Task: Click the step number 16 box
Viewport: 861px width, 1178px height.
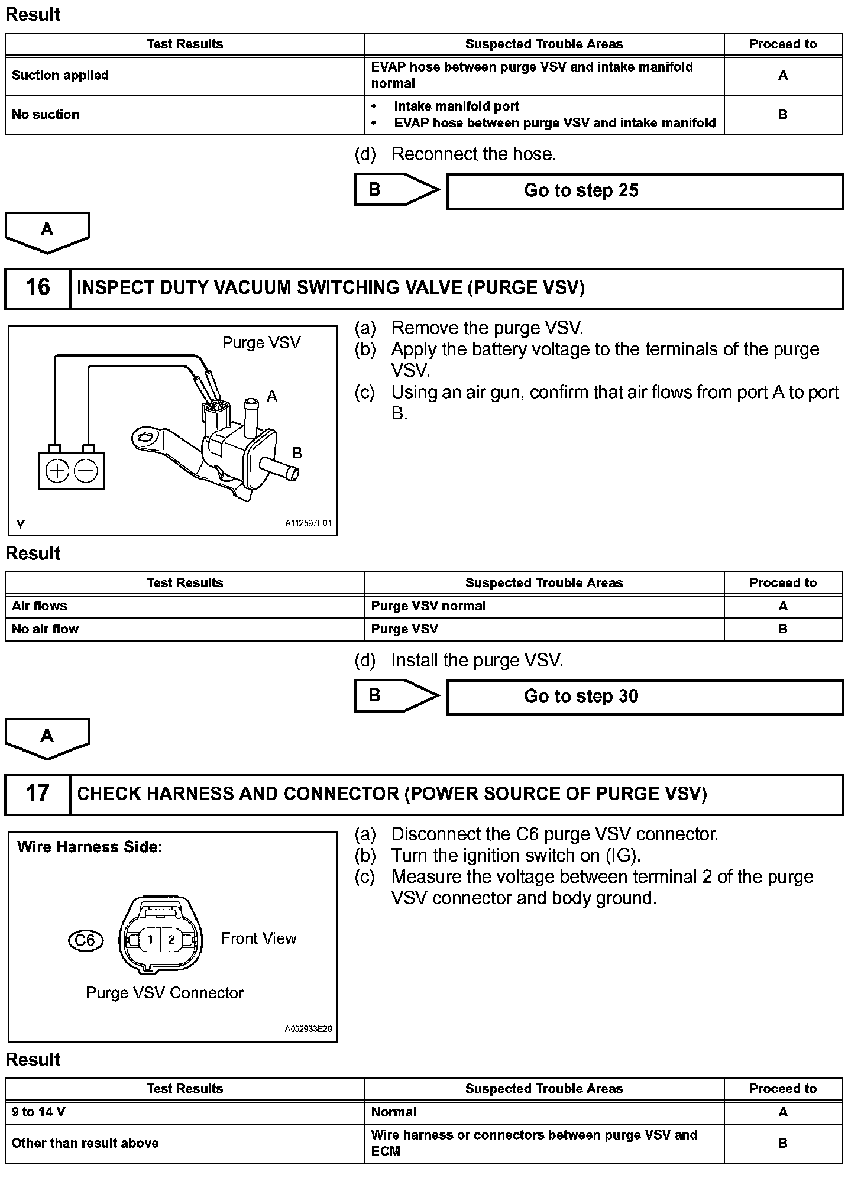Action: coord(37,288)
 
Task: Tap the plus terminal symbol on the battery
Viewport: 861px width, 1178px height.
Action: coord(57,471)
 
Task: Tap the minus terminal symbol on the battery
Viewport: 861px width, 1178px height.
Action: coord(86,471)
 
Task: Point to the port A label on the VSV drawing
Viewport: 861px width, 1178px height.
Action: coord(272,396)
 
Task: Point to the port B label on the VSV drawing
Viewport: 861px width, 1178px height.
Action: coord(297,453)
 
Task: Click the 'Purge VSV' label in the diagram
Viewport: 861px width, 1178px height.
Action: coord(261,343)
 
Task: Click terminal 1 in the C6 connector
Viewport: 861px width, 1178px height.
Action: coord(150,939)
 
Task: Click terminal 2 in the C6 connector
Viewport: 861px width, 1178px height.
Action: coord(171,939)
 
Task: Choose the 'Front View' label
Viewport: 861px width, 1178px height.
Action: coord(258,938)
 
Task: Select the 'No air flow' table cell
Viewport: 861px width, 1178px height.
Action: coord(184,629)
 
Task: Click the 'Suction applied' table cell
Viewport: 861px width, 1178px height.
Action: coord(184,76)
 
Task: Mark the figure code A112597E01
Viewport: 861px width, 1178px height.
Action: coord(308,523)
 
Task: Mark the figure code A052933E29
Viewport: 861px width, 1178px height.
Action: coord(308,1029)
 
